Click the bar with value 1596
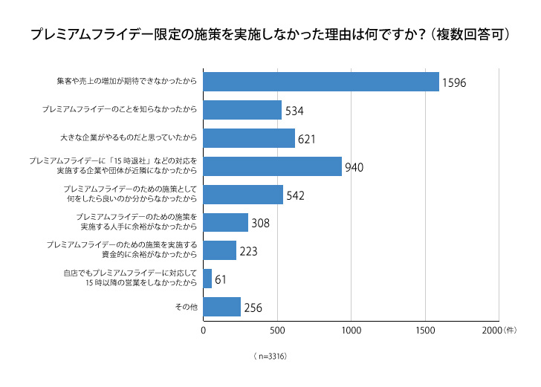pos(321,82)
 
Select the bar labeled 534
pos(242,110)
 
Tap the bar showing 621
pos(249,138)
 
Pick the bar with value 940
pos(272,166)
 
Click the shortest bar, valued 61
pos(207,279)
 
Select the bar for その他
pos(221,307)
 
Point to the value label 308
pos(260,224)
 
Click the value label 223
pos(248,252)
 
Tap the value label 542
pos(295,196)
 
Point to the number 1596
pos(454,83)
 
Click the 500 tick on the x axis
pos(277,329)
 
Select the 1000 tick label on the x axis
pos(351,329)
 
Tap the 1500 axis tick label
pos(424,329)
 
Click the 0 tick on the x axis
pos(204,329)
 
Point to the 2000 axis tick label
pos(493,329)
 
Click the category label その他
pos(185,307)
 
